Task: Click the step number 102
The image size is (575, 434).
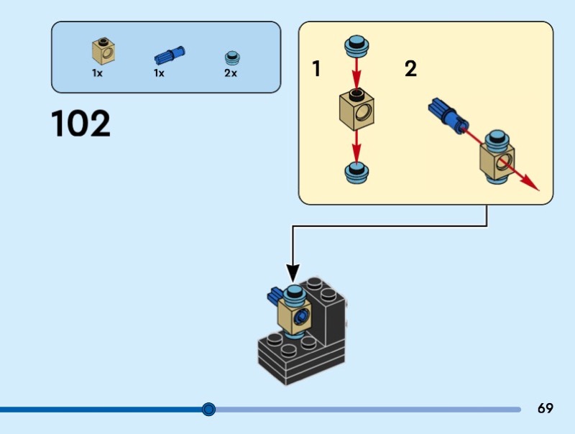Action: (81, 124)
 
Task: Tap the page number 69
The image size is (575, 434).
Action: (546, 409)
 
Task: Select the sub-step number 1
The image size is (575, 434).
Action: (316, 69)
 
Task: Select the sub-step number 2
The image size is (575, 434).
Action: (410, 69)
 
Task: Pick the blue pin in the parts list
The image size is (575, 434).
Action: (170, 55)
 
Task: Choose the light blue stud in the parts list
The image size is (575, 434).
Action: (231, 56)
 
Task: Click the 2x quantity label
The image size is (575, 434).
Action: (230, 73)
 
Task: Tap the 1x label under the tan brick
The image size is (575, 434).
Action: (97, 73)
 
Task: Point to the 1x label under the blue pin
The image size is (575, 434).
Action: (159, 73)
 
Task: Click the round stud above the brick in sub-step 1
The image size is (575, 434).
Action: (356, 45)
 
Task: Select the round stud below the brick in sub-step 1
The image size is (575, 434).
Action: (356, 171)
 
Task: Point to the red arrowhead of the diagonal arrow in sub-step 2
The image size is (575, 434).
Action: (532, 185)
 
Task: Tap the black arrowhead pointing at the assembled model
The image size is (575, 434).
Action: (293, 273)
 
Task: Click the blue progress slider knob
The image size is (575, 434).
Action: (208, 410)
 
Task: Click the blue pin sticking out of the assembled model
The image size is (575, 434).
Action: (275, 295)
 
